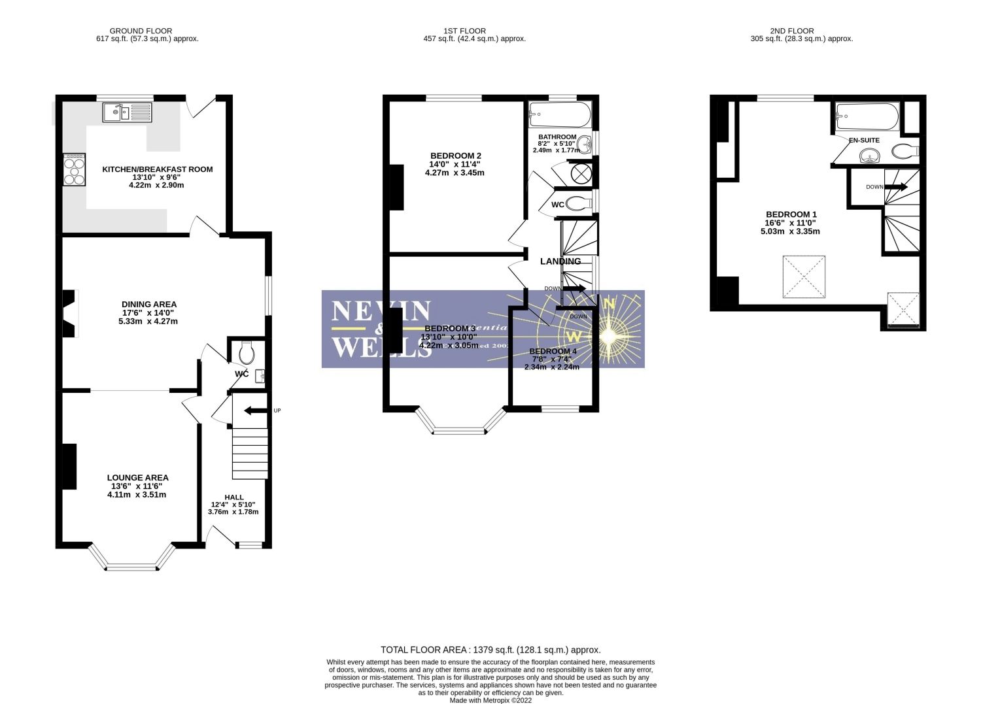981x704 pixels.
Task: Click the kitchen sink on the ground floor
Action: point(127,112)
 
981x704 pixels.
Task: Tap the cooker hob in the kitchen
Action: point(74,170)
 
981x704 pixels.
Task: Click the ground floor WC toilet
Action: point(247,354)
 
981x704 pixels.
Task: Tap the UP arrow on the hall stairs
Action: point(256,411)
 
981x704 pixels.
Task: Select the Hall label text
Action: point(233,497)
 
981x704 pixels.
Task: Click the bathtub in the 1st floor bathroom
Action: point(560,116)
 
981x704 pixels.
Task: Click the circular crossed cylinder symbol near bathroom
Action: point(580,173)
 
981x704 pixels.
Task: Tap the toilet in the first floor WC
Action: point(577,204)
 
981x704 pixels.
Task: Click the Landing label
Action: point(560,261)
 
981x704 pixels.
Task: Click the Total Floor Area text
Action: point(490,650)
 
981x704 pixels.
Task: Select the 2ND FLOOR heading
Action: point(791,31)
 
